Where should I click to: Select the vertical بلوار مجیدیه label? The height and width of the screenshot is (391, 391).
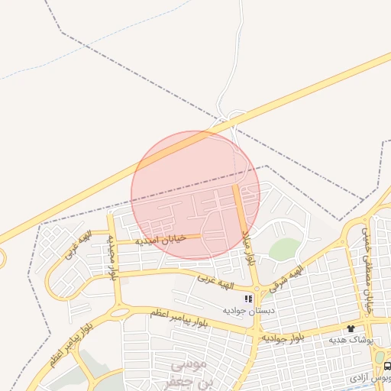click(113, 257)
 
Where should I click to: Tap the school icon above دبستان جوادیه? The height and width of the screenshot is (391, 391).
click(247, 299)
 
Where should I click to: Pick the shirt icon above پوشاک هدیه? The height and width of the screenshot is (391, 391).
click(351, 328)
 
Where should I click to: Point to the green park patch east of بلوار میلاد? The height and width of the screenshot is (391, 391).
click(284, 249)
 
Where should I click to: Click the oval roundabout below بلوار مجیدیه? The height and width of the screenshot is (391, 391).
click(119, 312)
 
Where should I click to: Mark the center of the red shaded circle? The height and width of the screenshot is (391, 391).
click(195, 195)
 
